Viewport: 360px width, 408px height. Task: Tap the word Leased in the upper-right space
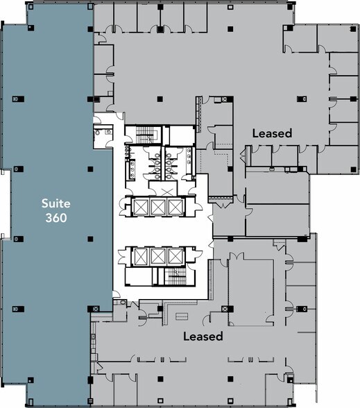[272, 133]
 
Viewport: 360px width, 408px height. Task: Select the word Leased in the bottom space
[203, 337]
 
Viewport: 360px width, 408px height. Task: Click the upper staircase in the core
[144, 133]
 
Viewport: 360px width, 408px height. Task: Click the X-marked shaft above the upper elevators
[166, 190]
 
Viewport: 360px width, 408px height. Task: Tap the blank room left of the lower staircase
[139, 278]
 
